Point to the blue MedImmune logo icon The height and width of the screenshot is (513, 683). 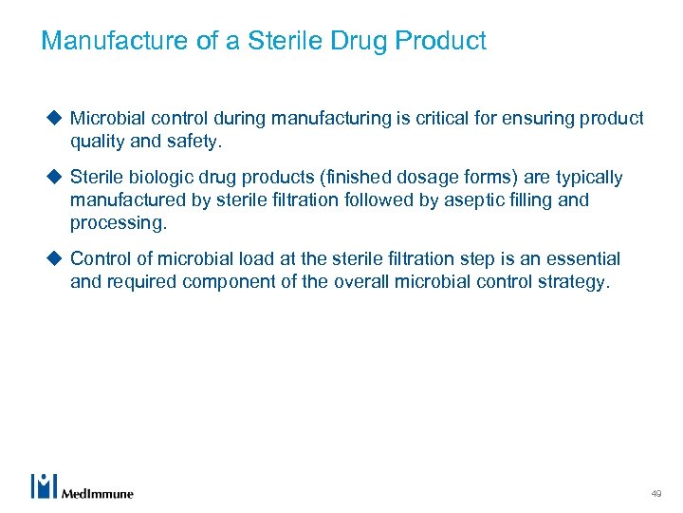click(44, 485)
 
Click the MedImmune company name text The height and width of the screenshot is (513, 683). click(98, 493)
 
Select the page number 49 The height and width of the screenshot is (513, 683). click(655, 494)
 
